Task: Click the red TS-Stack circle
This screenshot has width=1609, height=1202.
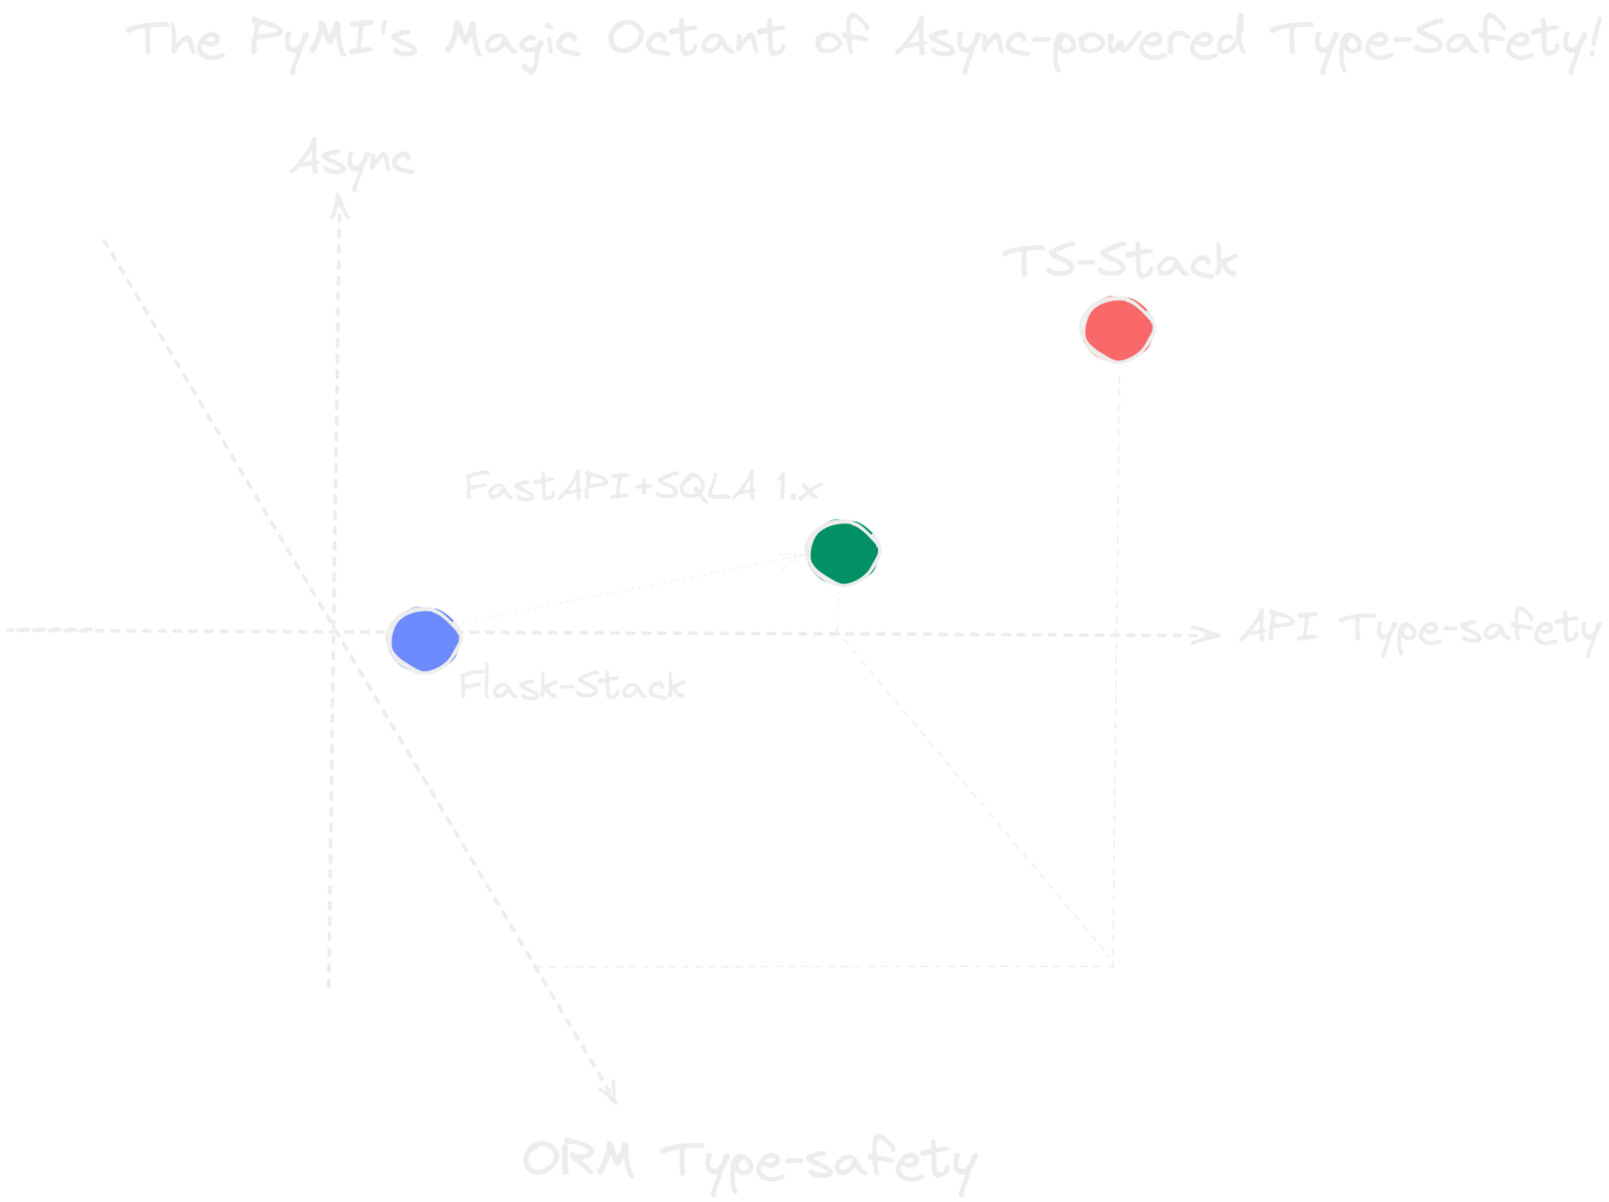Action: [x=1117, y=329]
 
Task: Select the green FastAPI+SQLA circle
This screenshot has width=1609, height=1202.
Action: [x=842, y=552]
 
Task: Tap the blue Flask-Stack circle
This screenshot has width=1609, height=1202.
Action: [x=425, y=639]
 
